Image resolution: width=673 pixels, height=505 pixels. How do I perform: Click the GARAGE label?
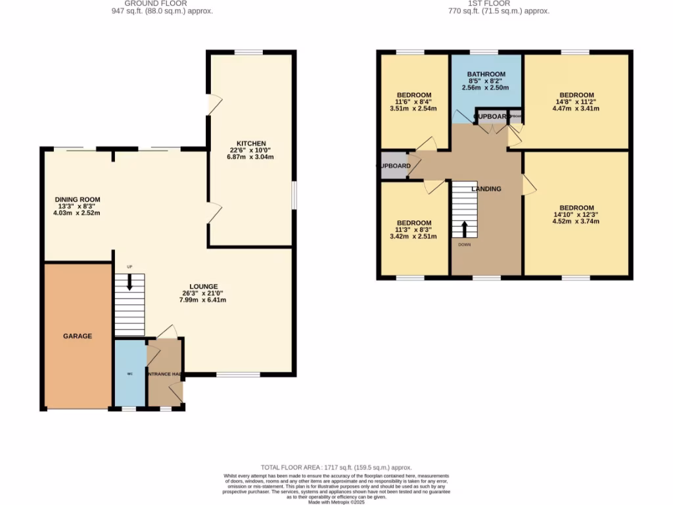[78, 336]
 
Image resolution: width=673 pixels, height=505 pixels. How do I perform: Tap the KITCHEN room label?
[251, 143]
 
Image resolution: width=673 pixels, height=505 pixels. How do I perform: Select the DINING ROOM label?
[77, 199]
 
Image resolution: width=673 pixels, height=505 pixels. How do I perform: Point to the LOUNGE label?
[204, 286]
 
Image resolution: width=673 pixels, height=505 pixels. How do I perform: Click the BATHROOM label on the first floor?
[486, 74]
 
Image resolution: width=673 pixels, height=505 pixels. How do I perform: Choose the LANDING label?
[486, 189]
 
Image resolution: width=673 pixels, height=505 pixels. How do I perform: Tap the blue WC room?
[129, 373]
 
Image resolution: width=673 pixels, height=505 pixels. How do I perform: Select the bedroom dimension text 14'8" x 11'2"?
[576, 102]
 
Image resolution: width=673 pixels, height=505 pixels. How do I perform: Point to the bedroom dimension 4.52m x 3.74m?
[576, 222]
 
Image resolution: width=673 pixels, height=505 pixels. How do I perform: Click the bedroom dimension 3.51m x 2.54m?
[413, 109]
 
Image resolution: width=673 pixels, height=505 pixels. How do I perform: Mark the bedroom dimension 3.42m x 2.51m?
[413, 237]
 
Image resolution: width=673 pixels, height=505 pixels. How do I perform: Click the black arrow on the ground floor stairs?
[129, 282]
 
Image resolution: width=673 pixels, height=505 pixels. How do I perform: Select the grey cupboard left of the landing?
[393, 166]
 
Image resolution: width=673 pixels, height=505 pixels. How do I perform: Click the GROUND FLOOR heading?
[162, 3]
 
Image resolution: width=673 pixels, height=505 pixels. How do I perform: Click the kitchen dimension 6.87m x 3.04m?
[251, 157]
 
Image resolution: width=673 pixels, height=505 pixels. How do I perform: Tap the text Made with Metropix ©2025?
[336, 502]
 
